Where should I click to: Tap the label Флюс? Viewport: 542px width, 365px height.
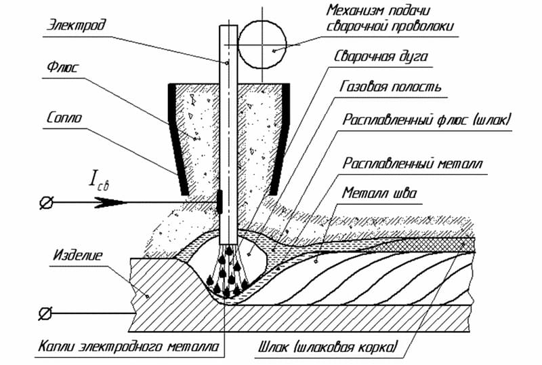(63, 70)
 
